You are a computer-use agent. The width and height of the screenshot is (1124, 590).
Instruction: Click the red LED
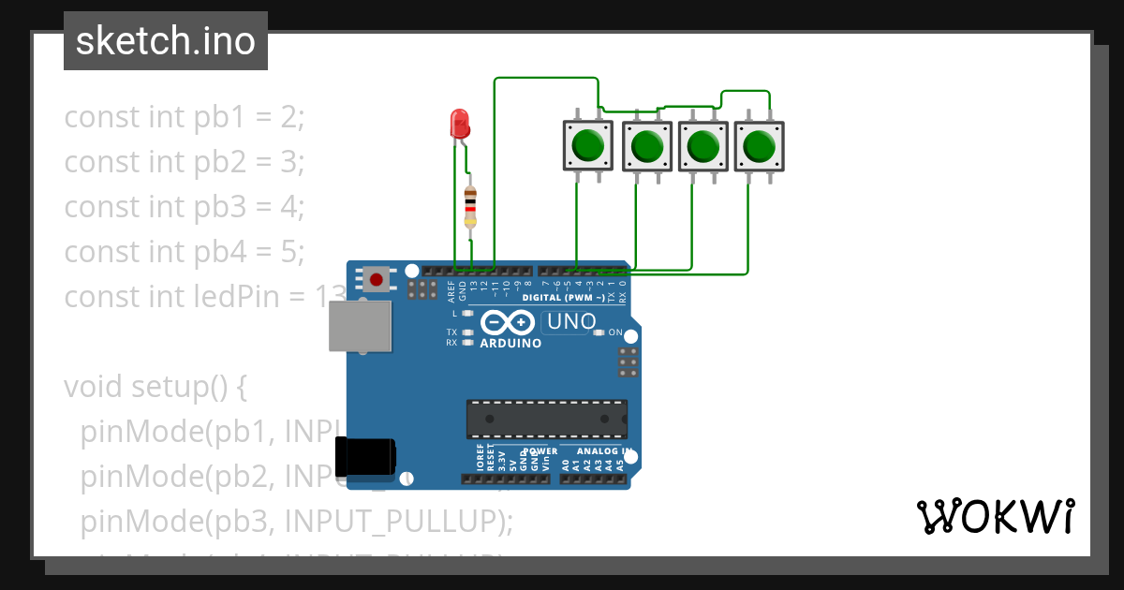(459, 124)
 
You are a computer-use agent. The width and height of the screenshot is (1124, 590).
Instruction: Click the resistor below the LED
(470, 205)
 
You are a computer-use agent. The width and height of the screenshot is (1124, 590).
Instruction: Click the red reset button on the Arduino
(377, 278)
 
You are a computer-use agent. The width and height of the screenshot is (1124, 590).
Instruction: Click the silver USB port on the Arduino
(360, 326)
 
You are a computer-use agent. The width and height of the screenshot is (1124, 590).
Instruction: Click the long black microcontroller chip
(547, 418)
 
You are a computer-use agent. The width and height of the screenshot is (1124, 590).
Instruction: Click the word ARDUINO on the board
(510, 344)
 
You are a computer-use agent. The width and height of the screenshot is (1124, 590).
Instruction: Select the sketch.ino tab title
(166, 41)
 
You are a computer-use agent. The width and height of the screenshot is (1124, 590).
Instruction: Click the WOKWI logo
(995, 516)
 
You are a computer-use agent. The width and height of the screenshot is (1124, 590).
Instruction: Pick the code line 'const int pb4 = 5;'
(185, 252)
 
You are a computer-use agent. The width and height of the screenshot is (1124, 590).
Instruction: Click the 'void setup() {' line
(155, 387)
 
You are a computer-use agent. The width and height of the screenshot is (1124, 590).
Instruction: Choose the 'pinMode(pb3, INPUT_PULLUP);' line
(296, 521)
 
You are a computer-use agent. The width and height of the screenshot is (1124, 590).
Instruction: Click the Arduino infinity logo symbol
(509, 323)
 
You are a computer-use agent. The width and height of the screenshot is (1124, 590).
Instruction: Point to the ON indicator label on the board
(614, 332)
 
